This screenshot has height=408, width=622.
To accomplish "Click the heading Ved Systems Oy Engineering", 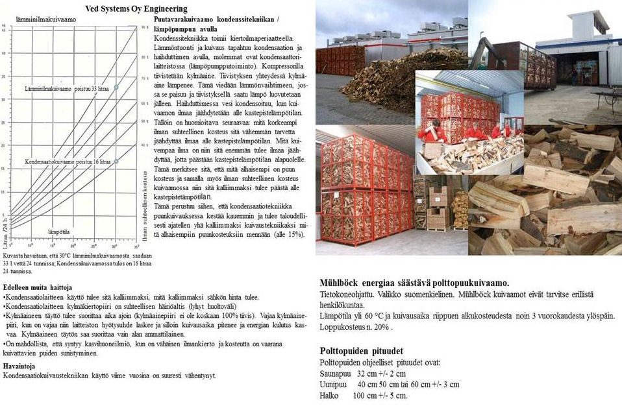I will [x=136, y=9].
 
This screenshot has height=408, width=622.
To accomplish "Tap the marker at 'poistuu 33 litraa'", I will [x=116, y=87].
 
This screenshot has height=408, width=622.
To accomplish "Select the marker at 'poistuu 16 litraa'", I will [x=116, y=162].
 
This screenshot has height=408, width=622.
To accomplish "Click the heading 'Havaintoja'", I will [x=20, y=366].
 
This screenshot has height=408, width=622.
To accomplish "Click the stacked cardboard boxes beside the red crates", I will [x=438, y=208].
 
